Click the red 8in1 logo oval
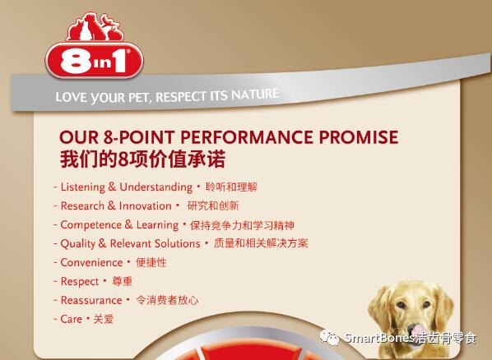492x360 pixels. [94, 60]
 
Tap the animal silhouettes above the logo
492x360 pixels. [95, 27]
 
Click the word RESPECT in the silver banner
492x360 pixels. [180, 97]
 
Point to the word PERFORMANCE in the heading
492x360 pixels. [247, 137]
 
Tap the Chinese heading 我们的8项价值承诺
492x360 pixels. [143, 159]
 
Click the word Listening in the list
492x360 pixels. [83, 187]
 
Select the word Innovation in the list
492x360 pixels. [146, 205]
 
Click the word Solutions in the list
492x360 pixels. [178, 243]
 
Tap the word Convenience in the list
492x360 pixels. [91, 262]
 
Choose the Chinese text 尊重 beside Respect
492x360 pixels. [123, 281]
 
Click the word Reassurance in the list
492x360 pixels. [91, 300]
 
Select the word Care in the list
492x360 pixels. [71, 319]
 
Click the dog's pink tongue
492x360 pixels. [416, 330]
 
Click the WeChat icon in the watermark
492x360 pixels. [329, 338]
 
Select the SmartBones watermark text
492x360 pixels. [411, 338]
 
